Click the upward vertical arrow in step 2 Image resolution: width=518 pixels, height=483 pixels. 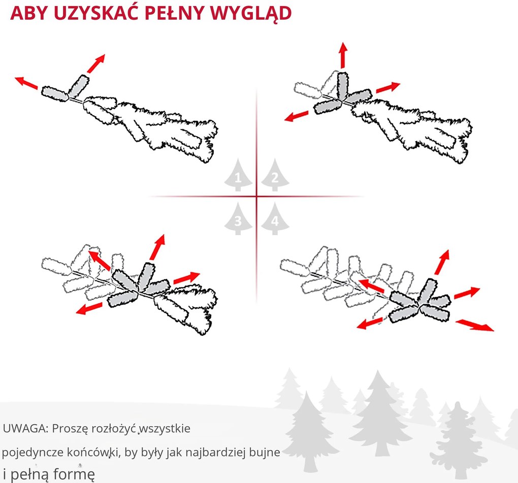343,55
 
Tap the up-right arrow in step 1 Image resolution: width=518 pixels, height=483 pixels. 95,63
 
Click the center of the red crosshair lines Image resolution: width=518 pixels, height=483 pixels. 256,196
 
